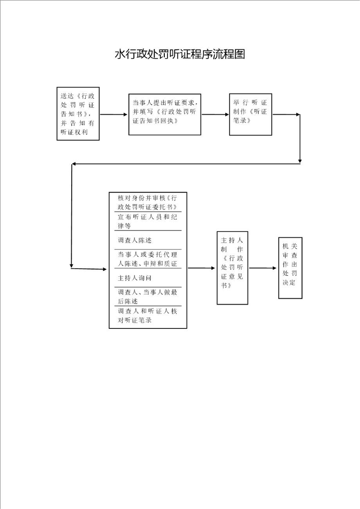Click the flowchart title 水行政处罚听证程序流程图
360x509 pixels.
click(x=180, y=54)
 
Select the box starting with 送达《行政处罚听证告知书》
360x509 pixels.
click(x=78, y=113)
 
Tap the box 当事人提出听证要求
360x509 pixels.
click(x=165, y=115)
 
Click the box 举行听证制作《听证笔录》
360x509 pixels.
click(x=251, y=114)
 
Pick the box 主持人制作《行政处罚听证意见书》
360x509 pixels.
click(x=232, y=268)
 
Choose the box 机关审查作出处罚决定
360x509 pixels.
click(x=290, y=268)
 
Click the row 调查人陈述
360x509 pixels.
click(x=148, y=240)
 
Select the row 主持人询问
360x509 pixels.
click(x=148, y=278)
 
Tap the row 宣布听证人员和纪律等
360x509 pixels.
click(x=148, y=221)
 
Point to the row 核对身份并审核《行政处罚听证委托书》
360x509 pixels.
click(x=148, y=203)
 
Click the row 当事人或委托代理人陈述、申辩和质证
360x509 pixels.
click(x=148, y=259)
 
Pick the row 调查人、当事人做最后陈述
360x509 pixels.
click(x=148, y=297)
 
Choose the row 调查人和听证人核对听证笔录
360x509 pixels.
click(x=148, y=316)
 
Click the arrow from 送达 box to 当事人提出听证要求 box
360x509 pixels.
click(x=113, y=114)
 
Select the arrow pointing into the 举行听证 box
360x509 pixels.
click(x=215, y=114)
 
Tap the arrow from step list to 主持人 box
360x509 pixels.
click(x=202, y=268)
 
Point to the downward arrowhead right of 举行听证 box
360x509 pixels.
click(x=300, y=161)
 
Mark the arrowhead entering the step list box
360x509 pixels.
click(x=104, y=269)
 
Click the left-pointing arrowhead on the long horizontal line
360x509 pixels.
click(x=74, y=164)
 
